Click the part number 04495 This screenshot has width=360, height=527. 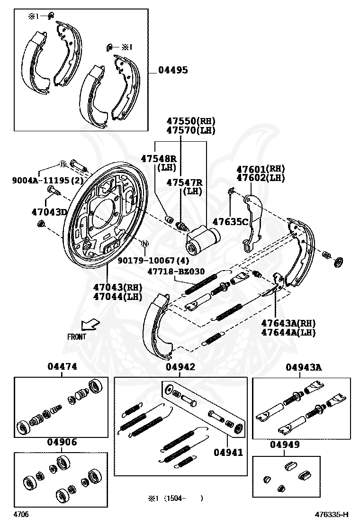coord(173,70)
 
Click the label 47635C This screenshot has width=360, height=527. coord(230,221)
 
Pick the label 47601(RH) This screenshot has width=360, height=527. coord(261,169)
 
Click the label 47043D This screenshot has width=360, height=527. coord(50,212)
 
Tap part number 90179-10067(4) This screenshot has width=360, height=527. coord(153,260)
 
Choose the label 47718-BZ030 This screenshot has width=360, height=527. coord(176,272)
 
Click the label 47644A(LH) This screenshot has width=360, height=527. coord(288,332)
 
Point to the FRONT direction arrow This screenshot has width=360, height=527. coord(90,325)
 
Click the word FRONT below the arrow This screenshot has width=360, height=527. coord(77,337)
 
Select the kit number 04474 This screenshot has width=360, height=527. coord(62,366)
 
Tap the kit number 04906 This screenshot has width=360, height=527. coord(62,442)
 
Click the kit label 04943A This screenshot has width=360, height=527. coord(304,367)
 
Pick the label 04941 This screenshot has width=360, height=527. coord(228,452)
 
